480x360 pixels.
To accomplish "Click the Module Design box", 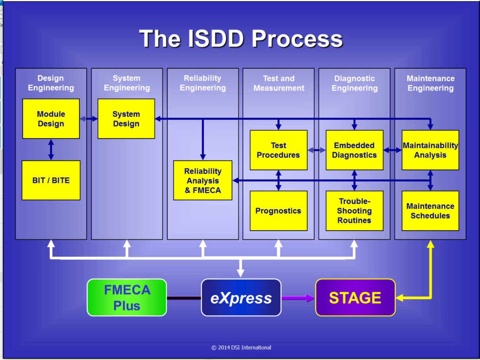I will tap(51, 119).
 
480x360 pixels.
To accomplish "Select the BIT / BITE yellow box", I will tap(51, 180).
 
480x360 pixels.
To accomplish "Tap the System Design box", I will tap(126, 119).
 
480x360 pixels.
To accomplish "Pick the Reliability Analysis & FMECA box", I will tap(203, 180).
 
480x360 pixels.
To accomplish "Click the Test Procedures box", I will tap(278, 150).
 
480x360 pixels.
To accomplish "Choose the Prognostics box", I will tap(278, 211).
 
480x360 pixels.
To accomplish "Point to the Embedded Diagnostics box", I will tap(355, 150).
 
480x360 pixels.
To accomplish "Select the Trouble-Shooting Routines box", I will tap(355, 211).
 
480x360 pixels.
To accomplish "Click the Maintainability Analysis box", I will tap(430, 150).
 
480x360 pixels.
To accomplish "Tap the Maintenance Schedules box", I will tap(430, 211).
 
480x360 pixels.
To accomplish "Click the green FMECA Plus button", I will tap(127, 298).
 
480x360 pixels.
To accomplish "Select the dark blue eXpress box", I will tap(241, 298).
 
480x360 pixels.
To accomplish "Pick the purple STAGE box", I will tap(355, 298).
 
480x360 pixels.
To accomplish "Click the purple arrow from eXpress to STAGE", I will tap(298, 298).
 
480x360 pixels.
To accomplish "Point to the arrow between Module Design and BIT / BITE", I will tap(51, 150).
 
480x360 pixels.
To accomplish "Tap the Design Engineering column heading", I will tap(51, 83).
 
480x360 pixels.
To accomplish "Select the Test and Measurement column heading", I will tap(279, 83).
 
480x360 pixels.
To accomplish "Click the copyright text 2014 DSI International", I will tap(241, 348).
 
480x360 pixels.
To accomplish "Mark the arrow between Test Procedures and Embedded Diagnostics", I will tap(316, 150).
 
